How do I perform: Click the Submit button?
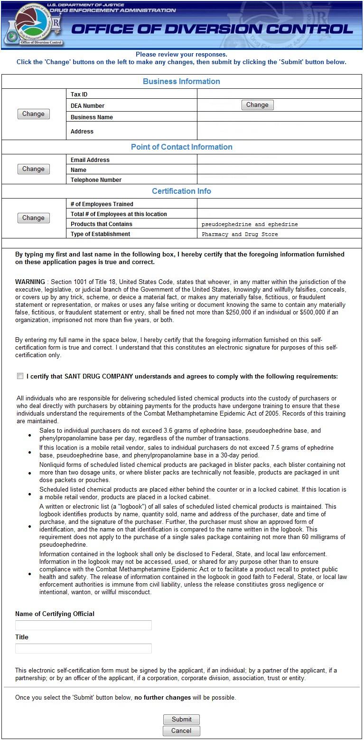pyautogui.click(x=181, y=719)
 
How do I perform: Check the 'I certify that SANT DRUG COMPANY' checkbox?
pyautogui.click(x=20, y=376)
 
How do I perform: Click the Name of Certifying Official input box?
pyautogui.click(x=84, y=625)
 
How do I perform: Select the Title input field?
pyautogui.click(x=84, y=648)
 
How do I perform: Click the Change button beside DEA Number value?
pyautogui.click(x=257, y=105)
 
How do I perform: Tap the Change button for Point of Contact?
pyautogui.click(x=33, y=169)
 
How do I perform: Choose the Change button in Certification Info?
pyautogui.click(x=33, y=218)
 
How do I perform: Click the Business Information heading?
pyautogui.click(x=181, y=81)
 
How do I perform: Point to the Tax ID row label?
pyautogui.click(x=79, y=95)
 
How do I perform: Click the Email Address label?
pyautogui.click(x=90, y=160)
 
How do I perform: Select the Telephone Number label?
pyautogui.click(x=96, y=180)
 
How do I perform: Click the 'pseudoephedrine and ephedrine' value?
pyautogui.click(x=250, y=224)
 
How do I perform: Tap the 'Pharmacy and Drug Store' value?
pyautogui.click(x=240, y=234)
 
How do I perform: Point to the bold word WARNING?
pyautogui.click(x=30, y=282)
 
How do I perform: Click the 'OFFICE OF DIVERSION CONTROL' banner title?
pyautogui.click(x=212, y=29)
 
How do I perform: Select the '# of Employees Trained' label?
pyautogui.click(x=102, y=204)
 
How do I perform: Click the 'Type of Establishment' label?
pyautogui.click(x=100, y=234)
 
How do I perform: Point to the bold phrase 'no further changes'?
pyautogui.click(x=162, y=698)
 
